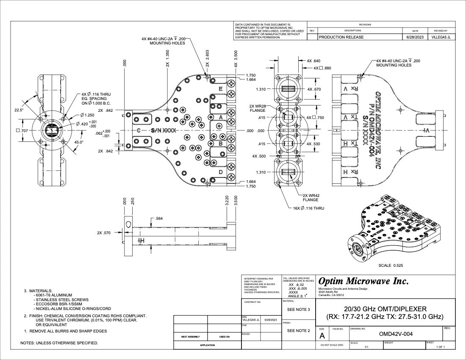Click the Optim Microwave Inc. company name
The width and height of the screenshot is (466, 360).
point(363,281)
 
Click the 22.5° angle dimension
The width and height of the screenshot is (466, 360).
point(19,110)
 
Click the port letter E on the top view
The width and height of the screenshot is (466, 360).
point(221,89)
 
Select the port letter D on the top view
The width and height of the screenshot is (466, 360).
point(221,172)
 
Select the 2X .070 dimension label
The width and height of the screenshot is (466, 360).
point(104,233)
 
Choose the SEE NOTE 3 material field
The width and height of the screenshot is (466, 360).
point(299,309)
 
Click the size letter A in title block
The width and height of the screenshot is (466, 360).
point(322,336)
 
